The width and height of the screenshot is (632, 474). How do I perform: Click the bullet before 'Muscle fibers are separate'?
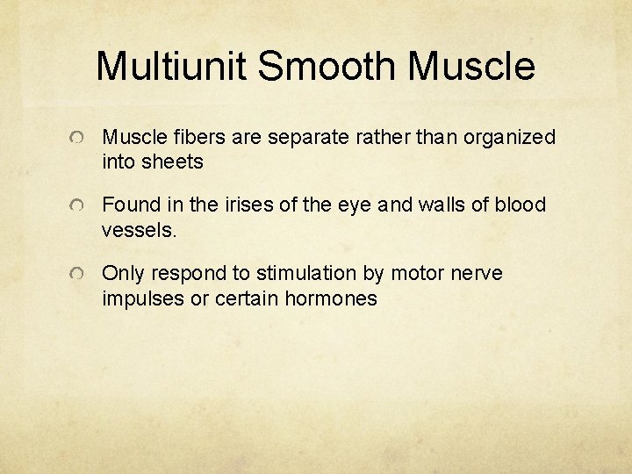click(x=79, y=140)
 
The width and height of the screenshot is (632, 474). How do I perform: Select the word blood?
click(x=520, y=205)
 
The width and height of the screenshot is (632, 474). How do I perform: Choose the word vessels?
click(x=139, y=230)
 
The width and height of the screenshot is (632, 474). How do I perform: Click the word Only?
click(x=122, y=274)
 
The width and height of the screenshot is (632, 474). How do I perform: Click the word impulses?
click(x=142, y=299)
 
